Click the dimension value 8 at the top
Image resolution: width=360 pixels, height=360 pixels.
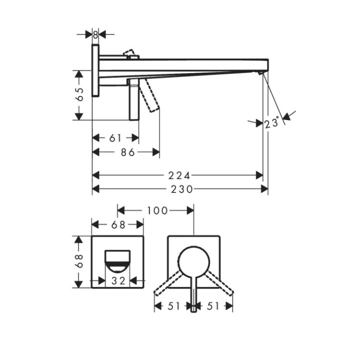95,35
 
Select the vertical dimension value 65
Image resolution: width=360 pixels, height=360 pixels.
79,95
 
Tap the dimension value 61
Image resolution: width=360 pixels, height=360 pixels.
115,138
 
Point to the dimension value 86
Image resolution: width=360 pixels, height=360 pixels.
128,152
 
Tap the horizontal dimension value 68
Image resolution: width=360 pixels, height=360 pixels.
118,225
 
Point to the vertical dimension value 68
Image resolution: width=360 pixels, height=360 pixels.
79,261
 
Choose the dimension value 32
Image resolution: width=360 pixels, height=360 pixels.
118,281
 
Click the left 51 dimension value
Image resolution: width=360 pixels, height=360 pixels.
173,306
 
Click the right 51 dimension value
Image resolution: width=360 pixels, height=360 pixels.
213,306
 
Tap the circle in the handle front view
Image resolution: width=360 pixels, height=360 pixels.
193,261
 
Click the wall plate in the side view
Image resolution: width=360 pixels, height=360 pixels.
95,70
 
